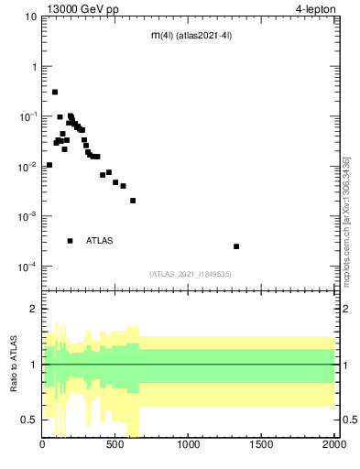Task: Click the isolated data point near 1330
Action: [x=236, y=246]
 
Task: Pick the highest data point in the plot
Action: [x=55, y=92]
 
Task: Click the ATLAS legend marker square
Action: [x=70, y=241]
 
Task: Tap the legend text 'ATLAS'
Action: [x=100, y=241]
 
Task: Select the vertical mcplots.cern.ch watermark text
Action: [x=346, y=234]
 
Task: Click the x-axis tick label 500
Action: [x=115, y=446]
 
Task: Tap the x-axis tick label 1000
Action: [x=189, y=446]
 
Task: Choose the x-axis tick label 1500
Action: [x=261, y=446]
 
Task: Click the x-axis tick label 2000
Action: [x=333, y=446]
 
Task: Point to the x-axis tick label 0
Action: [x=43, y=446]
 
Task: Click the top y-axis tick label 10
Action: [x=31, y=16]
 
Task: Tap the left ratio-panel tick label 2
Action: [x=35, y=309]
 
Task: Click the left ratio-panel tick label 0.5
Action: [x=30, y=419]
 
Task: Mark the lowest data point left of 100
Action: [x=49, y=165]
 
